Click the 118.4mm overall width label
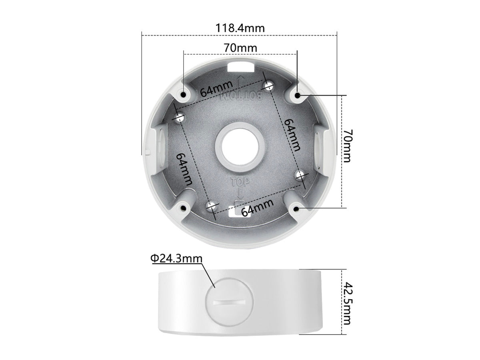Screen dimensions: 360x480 pos(240,28)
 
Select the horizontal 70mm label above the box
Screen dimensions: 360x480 pos(240,48)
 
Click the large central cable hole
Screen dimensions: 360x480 pos(239,145)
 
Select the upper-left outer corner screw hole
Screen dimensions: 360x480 pos(184,94)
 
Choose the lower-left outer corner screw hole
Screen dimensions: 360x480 pos(184,208)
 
